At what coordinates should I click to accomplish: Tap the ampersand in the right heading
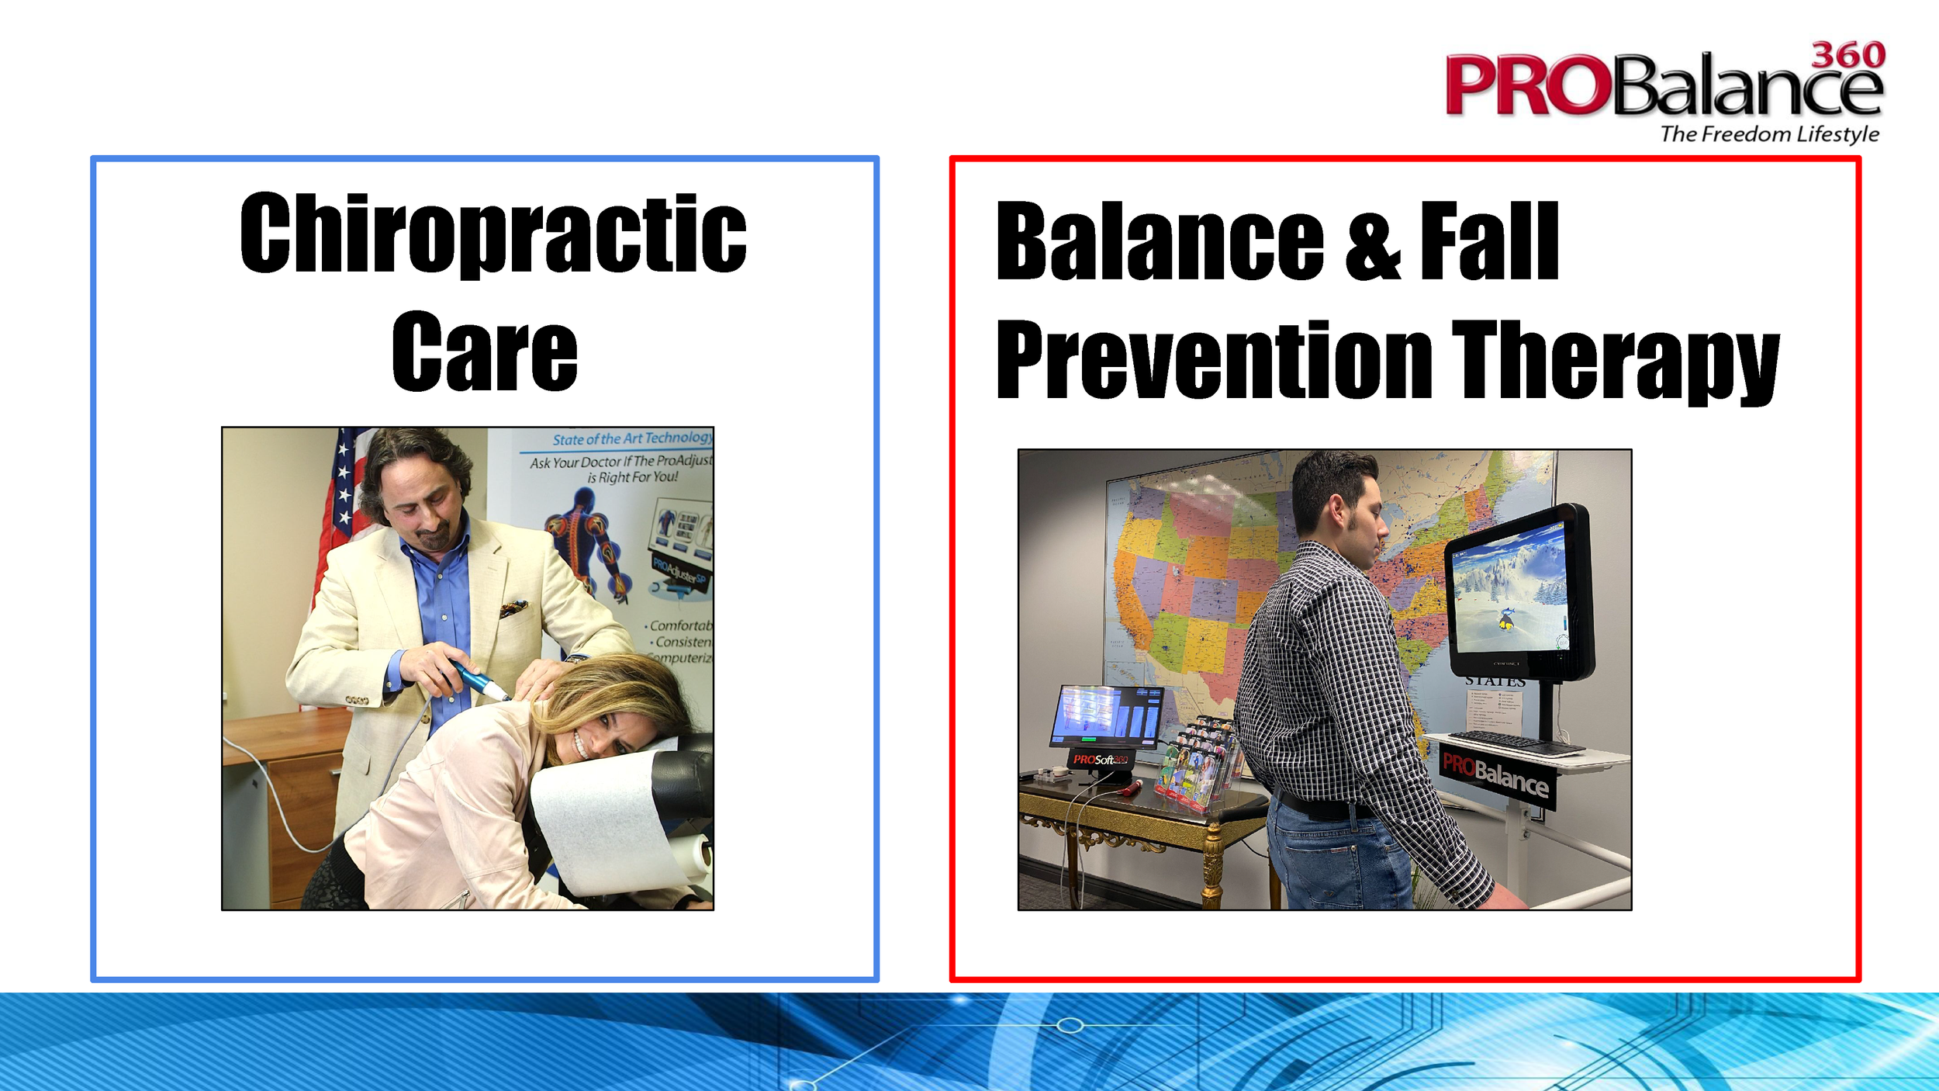(1372, 242)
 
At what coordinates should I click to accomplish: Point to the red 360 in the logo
(1847, 56)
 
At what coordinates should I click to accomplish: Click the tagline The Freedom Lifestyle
(1769, 134)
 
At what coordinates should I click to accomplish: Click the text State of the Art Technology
(632, 438)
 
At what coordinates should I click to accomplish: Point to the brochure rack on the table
(1194, 764)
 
